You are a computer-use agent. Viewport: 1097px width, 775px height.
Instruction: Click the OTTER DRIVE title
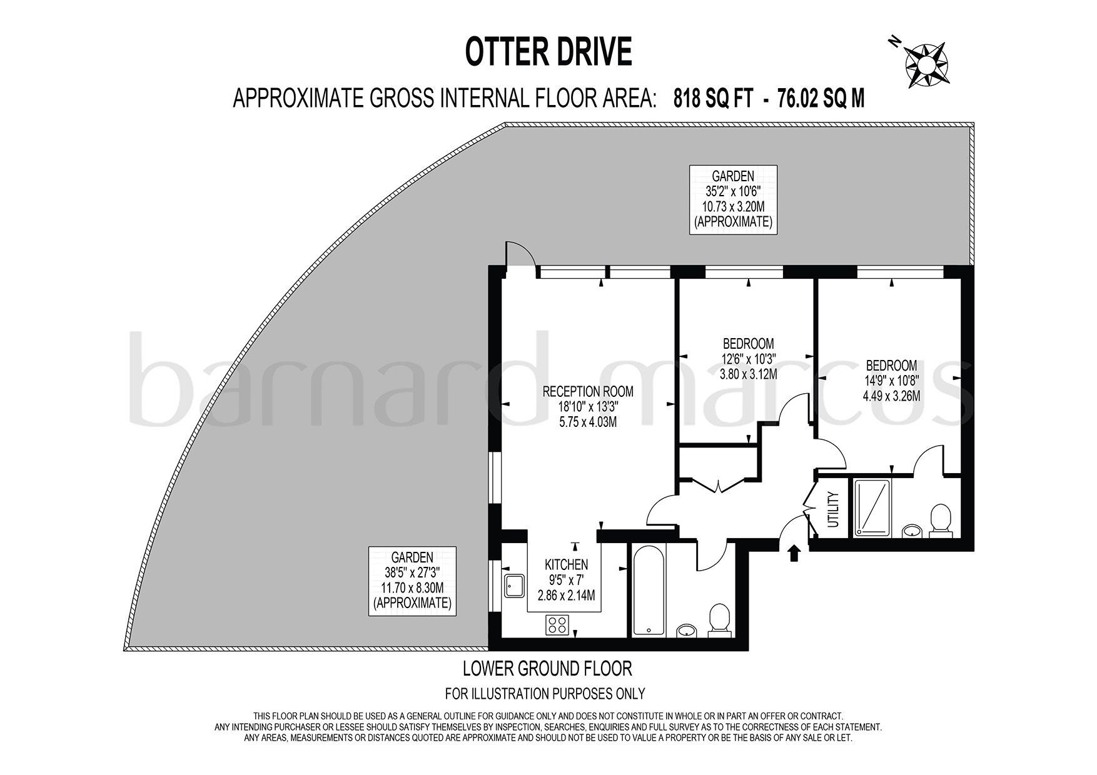point(548,52)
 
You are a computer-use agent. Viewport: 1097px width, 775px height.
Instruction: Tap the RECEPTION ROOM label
point(587,392)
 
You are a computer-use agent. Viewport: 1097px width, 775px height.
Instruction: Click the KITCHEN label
point(565,564)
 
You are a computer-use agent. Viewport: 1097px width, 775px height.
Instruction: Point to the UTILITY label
point(832,510)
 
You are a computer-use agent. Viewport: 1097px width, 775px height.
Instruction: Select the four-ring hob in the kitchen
point(558,624)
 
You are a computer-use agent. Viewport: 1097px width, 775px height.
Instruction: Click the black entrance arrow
point(794,553)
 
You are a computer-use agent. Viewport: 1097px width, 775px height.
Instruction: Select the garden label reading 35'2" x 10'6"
point(733,199)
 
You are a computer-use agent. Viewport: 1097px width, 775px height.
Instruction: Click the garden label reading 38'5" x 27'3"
point(412,580)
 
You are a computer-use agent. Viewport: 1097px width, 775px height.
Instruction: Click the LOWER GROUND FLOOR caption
point(547,669)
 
